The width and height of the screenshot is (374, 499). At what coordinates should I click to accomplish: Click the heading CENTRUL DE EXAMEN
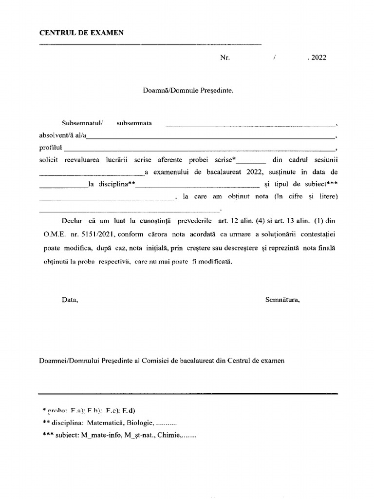(81, 33)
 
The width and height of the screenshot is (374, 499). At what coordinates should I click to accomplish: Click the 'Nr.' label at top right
(224, 58)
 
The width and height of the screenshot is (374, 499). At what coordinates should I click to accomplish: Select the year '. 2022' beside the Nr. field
(317, 58)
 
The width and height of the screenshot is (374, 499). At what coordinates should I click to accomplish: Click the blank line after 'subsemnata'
(251, 125)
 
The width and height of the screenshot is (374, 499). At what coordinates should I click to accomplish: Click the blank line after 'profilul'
(200, 149)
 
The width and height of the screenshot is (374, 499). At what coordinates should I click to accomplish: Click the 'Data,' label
(70, 300)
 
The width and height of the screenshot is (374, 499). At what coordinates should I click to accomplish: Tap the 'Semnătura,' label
(282, 300)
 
